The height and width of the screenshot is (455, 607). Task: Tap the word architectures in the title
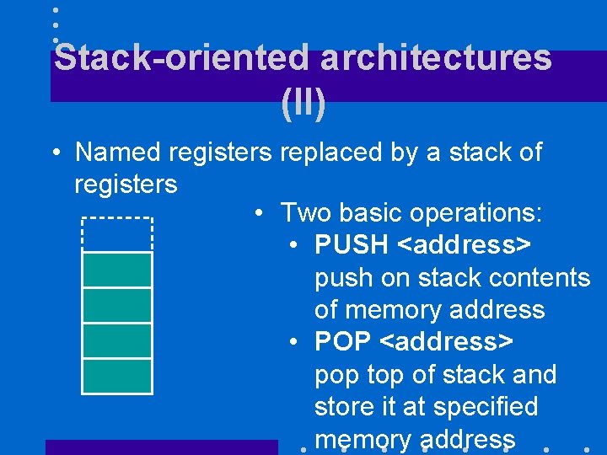[x=436, y=58]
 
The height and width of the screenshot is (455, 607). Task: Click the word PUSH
[x=351, y=245]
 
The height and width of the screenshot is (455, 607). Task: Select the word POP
[x=343, y=342]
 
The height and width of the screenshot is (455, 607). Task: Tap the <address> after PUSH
[x=465, y=245]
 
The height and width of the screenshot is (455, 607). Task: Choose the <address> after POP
[x=447, y=342]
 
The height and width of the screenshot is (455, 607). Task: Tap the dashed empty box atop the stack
[x=117, y=234]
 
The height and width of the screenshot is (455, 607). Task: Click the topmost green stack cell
[x=117, y=270]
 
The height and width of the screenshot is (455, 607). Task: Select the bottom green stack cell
[x=117, y=376]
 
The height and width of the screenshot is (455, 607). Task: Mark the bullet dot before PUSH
[x=293, y=246]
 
